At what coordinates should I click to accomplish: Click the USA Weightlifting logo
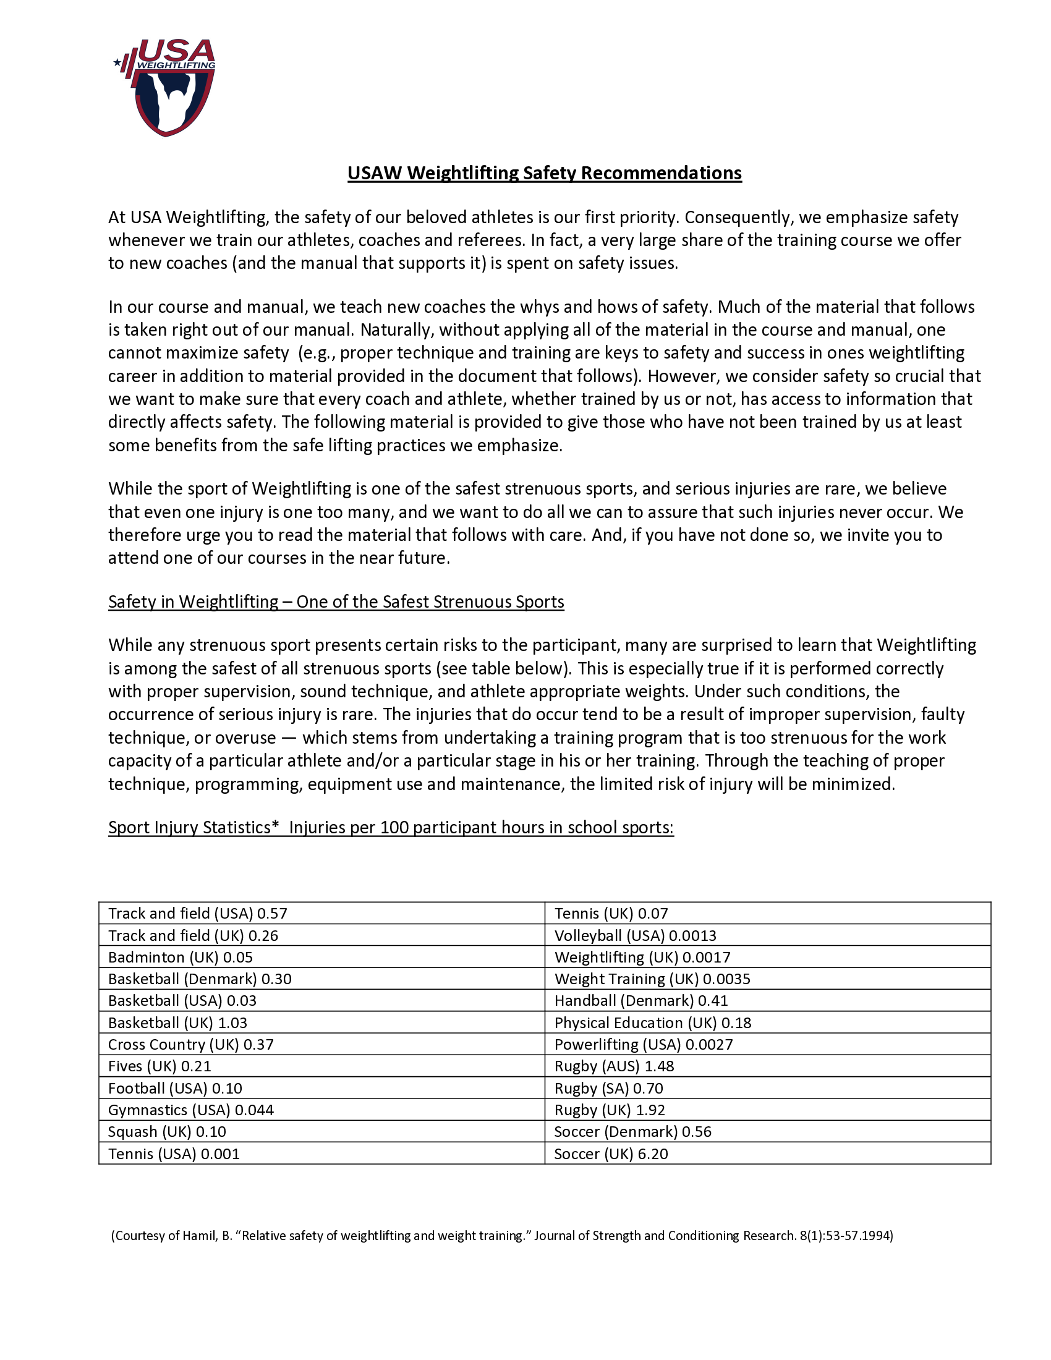coord(166,87)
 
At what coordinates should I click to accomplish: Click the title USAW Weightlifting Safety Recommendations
coord(544,173)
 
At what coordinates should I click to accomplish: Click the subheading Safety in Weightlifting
coord(336,601)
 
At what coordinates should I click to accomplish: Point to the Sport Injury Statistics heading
coord(390,827)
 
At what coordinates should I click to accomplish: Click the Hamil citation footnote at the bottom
coord(502,1249)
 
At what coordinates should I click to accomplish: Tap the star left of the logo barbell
coord(117,62)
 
